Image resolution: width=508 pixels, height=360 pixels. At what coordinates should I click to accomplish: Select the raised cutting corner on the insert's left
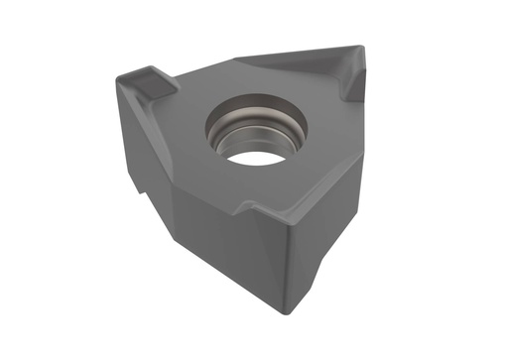pyautogui.click(x=135, y=77)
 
